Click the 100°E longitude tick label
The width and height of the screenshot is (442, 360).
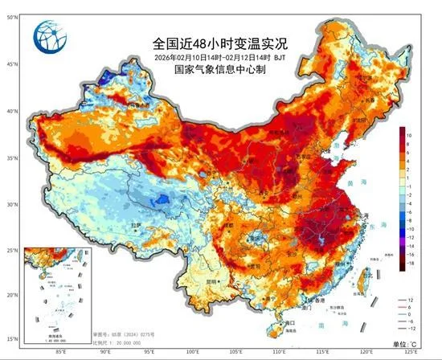pos(193,351)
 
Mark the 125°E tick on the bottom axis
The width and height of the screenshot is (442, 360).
pos(411,351)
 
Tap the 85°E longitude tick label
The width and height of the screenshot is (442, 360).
pos(61,351)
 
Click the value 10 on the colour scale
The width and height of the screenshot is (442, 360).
pos(409,136)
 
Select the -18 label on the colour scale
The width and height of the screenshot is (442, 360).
pos(410,262)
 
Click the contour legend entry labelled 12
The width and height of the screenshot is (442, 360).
pos(410,298)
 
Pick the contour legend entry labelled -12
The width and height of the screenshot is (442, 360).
pos(410,327)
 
